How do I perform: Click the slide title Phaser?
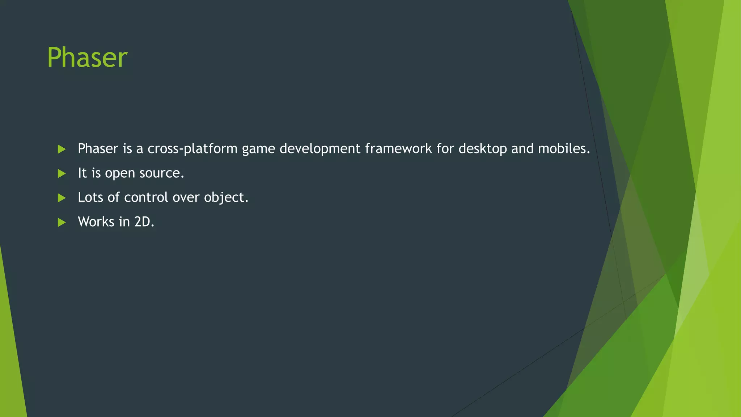click(x=87, y=58)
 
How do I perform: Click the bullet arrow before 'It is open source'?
click(x=62, y=174)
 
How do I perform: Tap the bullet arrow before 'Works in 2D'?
click(x=62, y=222)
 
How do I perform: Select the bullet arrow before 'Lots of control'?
click(x=62, y=198)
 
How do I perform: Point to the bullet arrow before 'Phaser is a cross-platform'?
click(x=62, y=149)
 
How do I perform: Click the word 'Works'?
click(x=96, y=222)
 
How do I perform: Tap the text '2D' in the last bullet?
click(x=142, y=222)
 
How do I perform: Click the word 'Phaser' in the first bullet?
click(x=98, y=148)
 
